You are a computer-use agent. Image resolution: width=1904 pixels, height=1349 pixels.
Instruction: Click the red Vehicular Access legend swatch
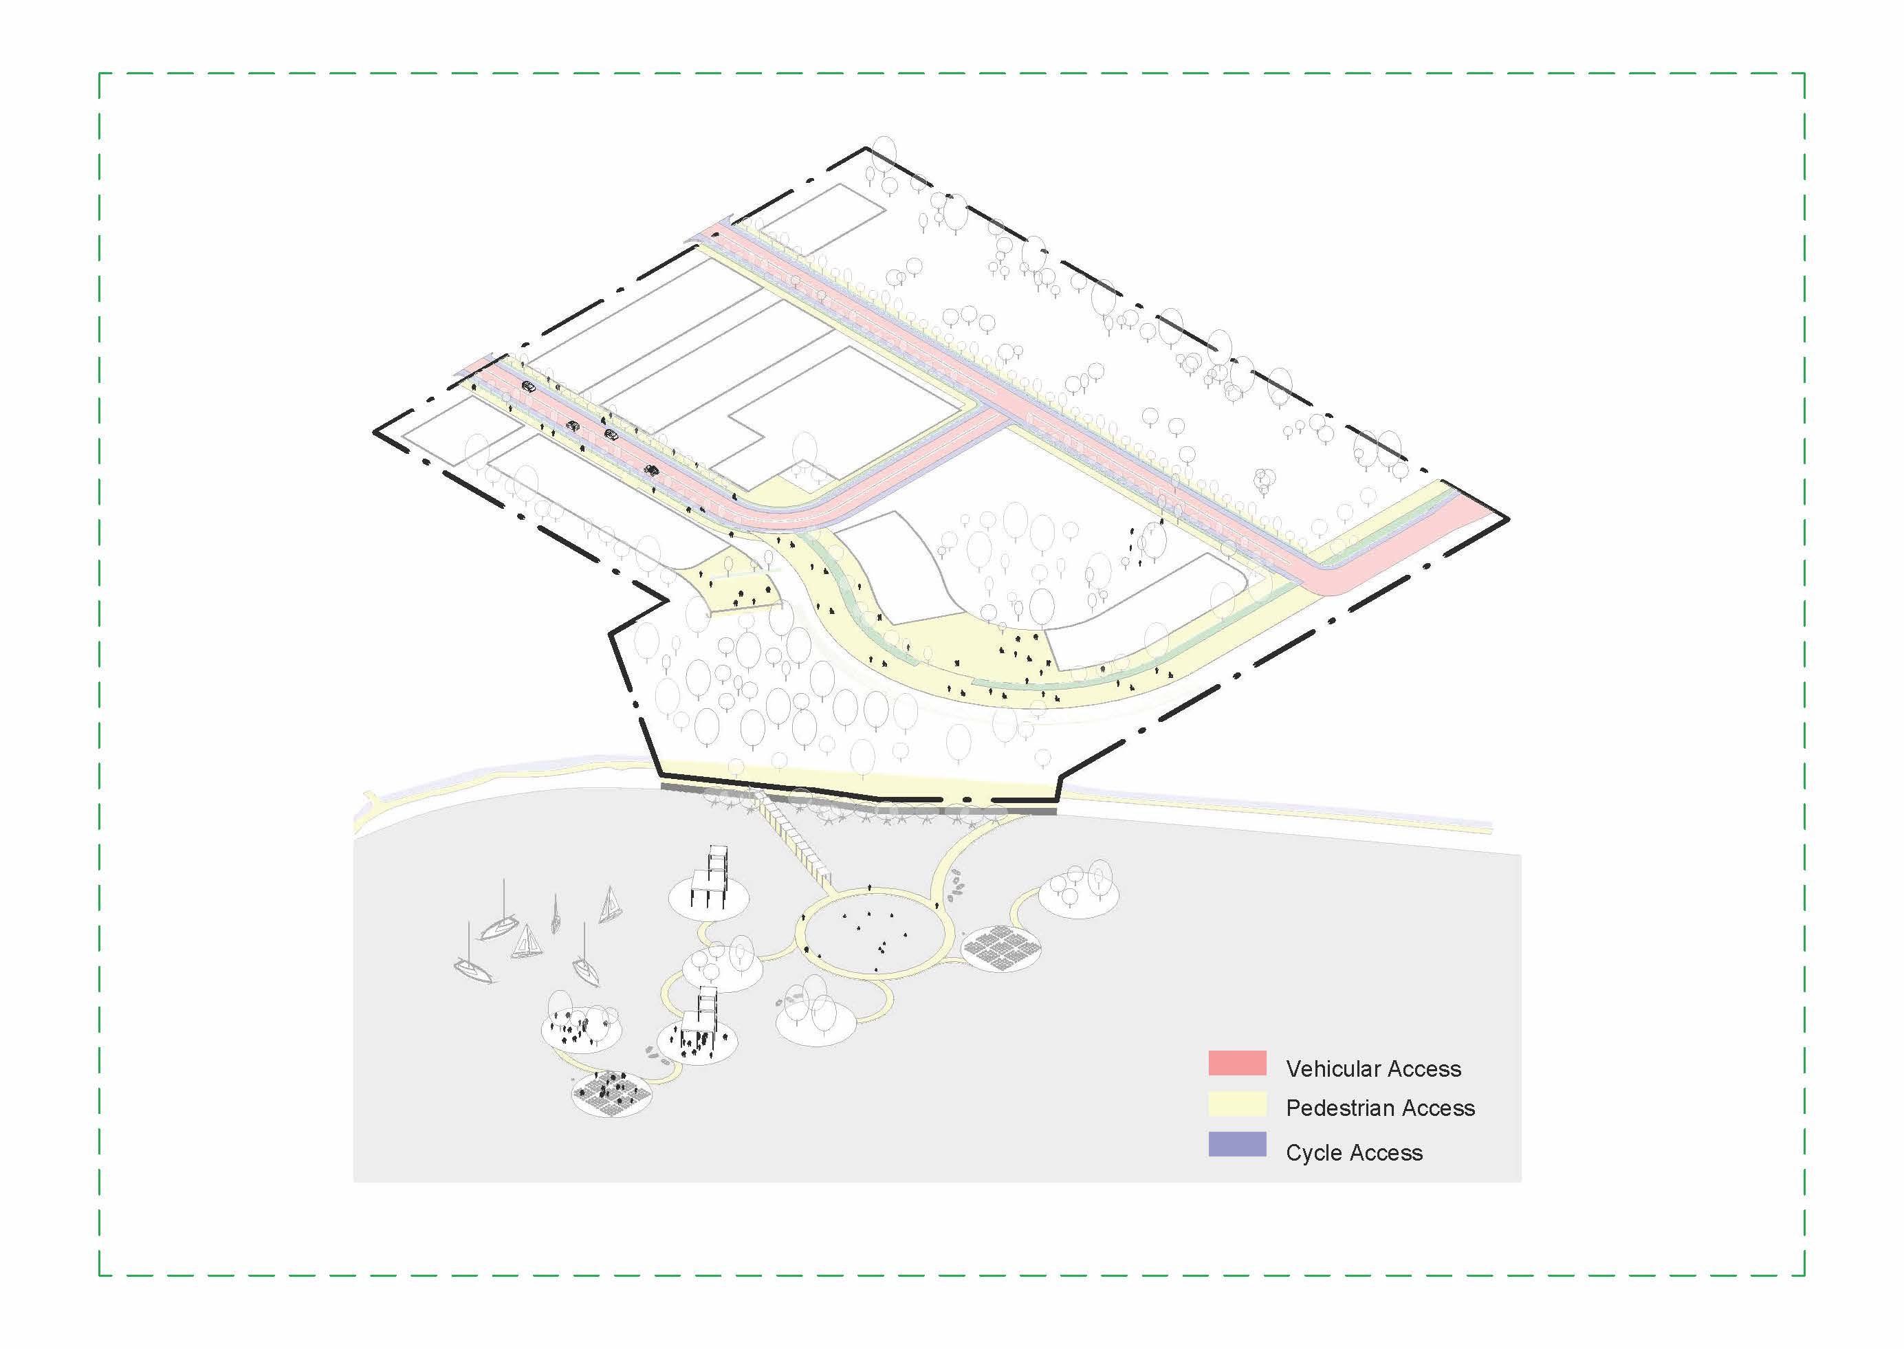pyautogui.click(x=1237, y=1063)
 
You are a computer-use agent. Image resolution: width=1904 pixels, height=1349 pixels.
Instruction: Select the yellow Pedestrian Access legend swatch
pyautogui.click(x=1237, y=1104)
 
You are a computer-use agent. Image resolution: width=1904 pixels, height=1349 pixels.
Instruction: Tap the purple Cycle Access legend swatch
pyautogui.click(x=1237, y=1144)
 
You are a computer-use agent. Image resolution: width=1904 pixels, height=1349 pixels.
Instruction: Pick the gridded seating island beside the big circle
pyautogui.click(x=1005, y=947)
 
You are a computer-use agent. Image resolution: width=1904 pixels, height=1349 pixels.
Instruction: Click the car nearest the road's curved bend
pyautogui.click(x=652, y=470)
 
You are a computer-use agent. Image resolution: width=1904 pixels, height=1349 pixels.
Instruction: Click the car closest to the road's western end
pyautogui.click(x=528, y=386)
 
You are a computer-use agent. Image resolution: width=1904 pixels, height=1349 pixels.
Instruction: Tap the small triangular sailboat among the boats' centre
pyautogui.click(x=526, y=942)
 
